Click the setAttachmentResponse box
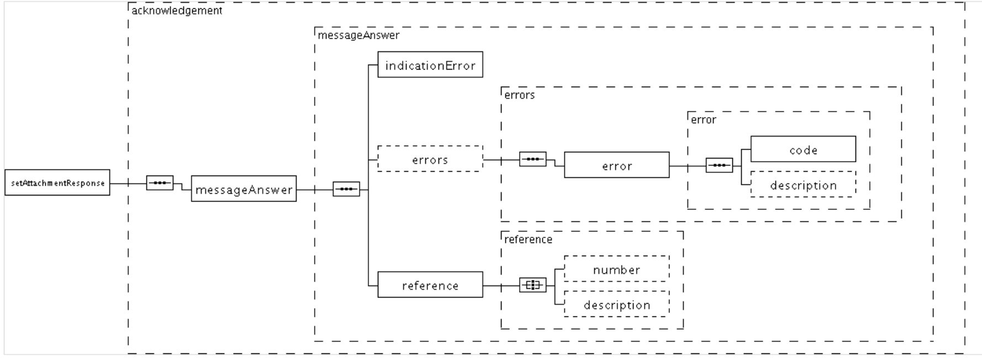(x=57, y=183)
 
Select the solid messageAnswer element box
(x=244, y=189)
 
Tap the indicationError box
(x=430, y=65)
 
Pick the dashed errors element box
(x=430, y=159)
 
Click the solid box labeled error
(x=616, y=165)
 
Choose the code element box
(x=803, y=149)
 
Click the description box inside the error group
(x=803, y=185)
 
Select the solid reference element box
(x=430, y=285)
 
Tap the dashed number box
(x=616, y=269)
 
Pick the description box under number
(x=616, y=304)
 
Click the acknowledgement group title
(x=177, y=10)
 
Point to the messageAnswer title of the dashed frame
(x=358, y=35)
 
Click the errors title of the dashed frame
(x=520, y=95)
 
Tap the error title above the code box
(x=704, y=120)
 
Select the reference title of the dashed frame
(x=528, y=239)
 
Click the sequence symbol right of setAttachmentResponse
(x=160, y=183)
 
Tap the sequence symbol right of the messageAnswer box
(x=346, y=189)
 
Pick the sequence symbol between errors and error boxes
(x=532, y=159)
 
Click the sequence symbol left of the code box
(x=719, y=165)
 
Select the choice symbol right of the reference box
(x=532, y=285)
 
